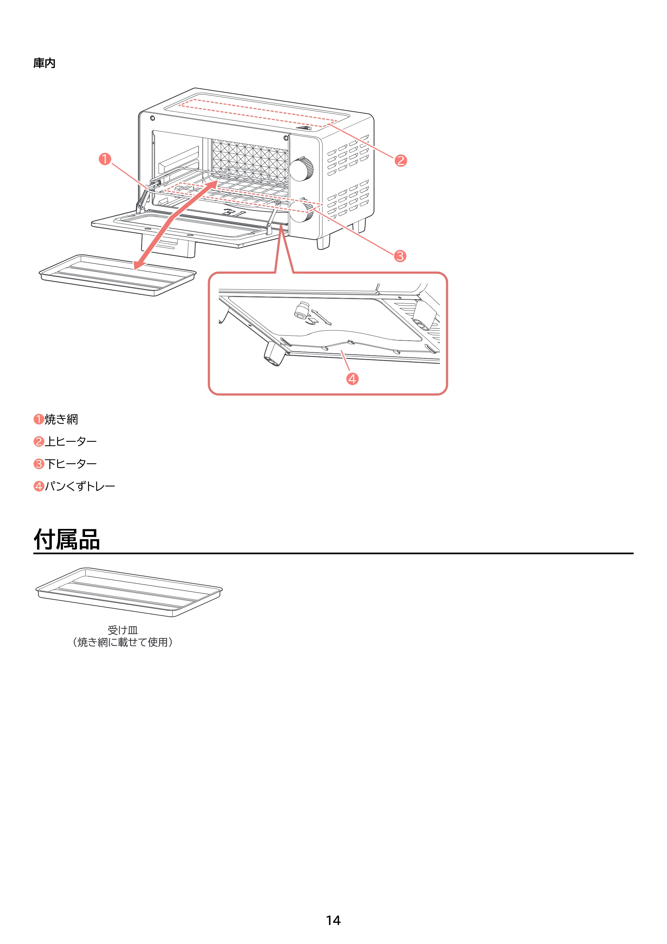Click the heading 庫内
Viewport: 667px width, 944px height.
[x=44, y=63]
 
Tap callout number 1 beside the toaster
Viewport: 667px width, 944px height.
[x=105, y=159]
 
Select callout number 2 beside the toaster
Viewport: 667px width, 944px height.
[x=401, y=161]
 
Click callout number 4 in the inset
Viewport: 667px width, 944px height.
[x=352, y=379]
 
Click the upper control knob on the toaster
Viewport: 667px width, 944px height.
[x=301, y=168]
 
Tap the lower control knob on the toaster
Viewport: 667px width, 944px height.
[x=301, y=211]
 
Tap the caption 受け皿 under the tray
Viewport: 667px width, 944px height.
[x=122, y=630]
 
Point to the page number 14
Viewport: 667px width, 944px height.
[x=333, y=920]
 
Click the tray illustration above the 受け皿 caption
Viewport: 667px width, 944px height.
[x=129, y=592]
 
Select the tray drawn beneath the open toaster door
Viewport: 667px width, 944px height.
[x=117, y=275]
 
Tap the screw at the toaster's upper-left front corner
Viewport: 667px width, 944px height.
[x=152, y=118]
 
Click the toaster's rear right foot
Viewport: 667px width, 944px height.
[x=360, y=225]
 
